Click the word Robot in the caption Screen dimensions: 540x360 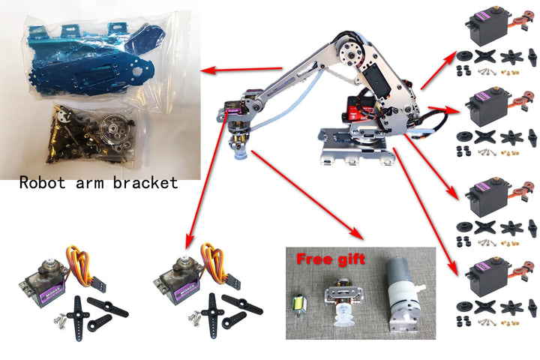[42, 182]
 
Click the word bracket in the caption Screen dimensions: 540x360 [145, 182]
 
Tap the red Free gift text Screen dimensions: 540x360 [331, 259]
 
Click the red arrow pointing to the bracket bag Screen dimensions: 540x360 [241, 70]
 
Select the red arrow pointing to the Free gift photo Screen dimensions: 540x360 [307, 195]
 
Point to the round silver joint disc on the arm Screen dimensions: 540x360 [350, 54]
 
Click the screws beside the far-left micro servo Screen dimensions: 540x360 [60, 319]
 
